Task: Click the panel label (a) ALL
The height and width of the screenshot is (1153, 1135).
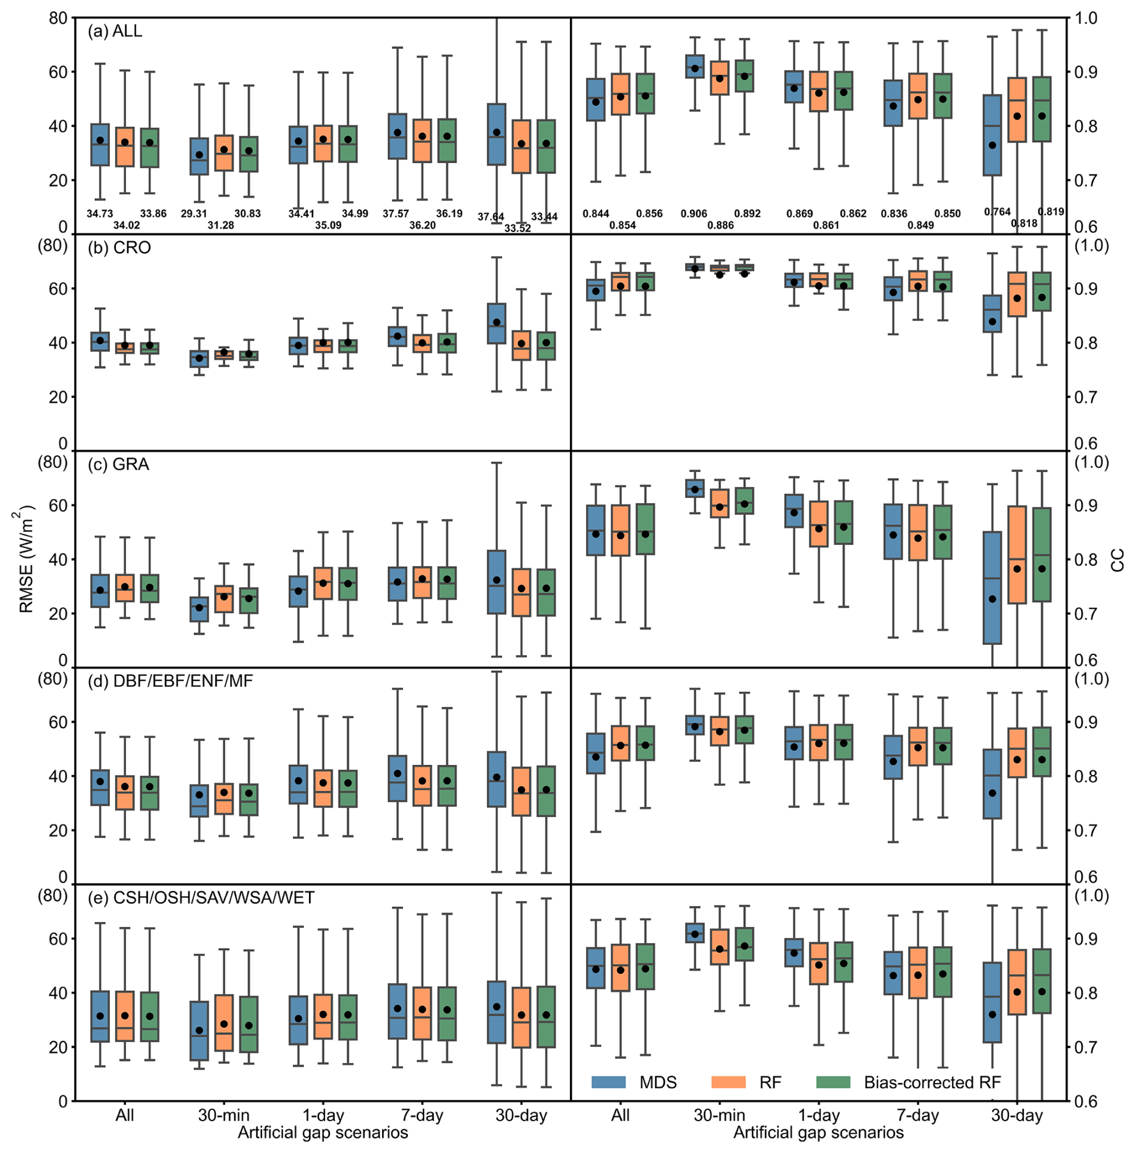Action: (115, 31)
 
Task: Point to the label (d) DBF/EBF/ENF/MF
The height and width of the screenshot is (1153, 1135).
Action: (170, 681)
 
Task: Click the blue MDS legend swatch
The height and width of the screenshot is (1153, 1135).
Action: (608, 1082)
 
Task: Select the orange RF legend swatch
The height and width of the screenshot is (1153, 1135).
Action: (728, 1082)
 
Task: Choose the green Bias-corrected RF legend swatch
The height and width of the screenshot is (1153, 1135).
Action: (833, 1082)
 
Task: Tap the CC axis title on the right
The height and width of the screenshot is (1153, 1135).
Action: (1117, 559)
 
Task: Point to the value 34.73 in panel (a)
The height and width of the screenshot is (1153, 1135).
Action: (100, 214)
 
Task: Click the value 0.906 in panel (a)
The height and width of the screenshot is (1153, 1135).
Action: (693, 214)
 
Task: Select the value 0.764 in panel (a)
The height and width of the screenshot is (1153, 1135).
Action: (997, 212)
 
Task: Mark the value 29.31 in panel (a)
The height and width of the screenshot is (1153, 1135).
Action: (194, 214)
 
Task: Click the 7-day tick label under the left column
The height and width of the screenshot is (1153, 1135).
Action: (422, 1115)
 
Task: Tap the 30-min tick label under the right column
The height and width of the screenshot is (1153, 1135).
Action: (719, 1115)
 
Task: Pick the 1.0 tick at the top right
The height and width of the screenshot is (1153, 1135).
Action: (1085, 18)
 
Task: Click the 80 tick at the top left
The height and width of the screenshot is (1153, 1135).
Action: (58, 18)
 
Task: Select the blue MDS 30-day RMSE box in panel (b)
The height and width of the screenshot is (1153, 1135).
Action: (496, 323)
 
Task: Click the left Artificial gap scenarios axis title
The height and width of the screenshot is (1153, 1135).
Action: (323, 1133)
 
